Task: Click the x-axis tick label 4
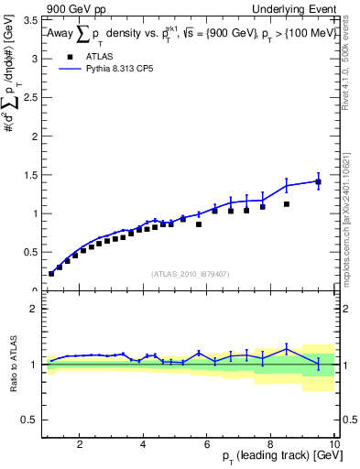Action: [x=143, y=444]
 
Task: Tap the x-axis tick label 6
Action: [x=207, y=444]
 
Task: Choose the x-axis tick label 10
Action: [x=333, y=444]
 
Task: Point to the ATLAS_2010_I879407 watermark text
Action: [x=190, y=273]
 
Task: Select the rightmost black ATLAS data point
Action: [x=318, y=182]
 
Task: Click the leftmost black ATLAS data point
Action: [x=51, y=273]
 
